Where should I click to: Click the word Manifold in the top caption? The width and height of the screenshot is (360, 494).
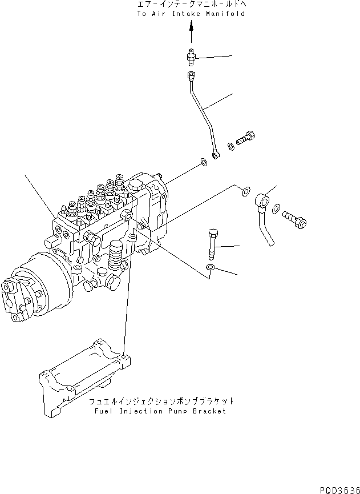(x=226, y=14)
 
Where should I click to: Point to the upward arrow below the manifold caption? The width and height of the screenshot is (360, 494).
(x=192, y=28)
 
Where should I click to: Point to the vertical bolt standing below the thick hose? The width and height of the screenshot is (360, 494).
(x=212, y=242)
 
